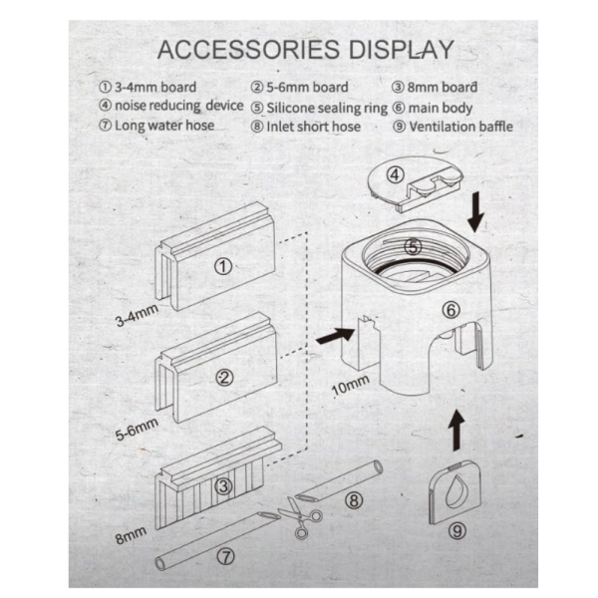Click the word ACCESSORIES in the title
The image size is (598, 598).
248,50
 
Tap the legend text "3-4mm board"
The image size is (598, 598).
155,87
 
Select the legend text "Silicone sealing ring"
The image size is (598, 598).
327,108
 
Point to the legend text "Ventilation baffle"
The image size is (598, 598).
461,127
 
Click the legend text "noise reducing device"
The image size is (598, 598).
178,106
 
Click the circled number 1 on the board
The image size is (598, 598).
223,266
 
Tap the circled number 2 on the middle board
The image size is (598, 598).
224,377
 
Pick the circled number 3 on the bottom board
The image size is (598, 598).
223,486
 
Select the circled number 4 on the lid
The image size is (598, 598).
395,175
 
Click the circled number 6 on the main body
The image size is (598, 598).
451,310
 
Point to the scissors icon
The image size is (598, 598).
300,516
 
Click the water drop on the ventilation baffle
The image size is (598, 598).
456,492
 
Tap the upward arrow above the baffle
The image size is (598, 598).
456,431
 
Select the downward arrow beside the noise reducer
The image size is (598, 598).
475,212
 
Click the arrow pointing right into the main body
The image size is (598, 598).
336,336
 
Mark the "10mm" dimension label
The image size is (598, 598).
351,385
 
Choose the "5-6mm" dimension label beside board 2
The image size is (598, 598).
137,429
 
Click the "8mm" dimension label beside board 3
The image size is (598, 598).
131,535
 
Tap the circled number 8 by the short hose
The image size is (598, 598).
354,500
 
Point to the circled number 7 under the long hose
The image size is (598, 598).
226,557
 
